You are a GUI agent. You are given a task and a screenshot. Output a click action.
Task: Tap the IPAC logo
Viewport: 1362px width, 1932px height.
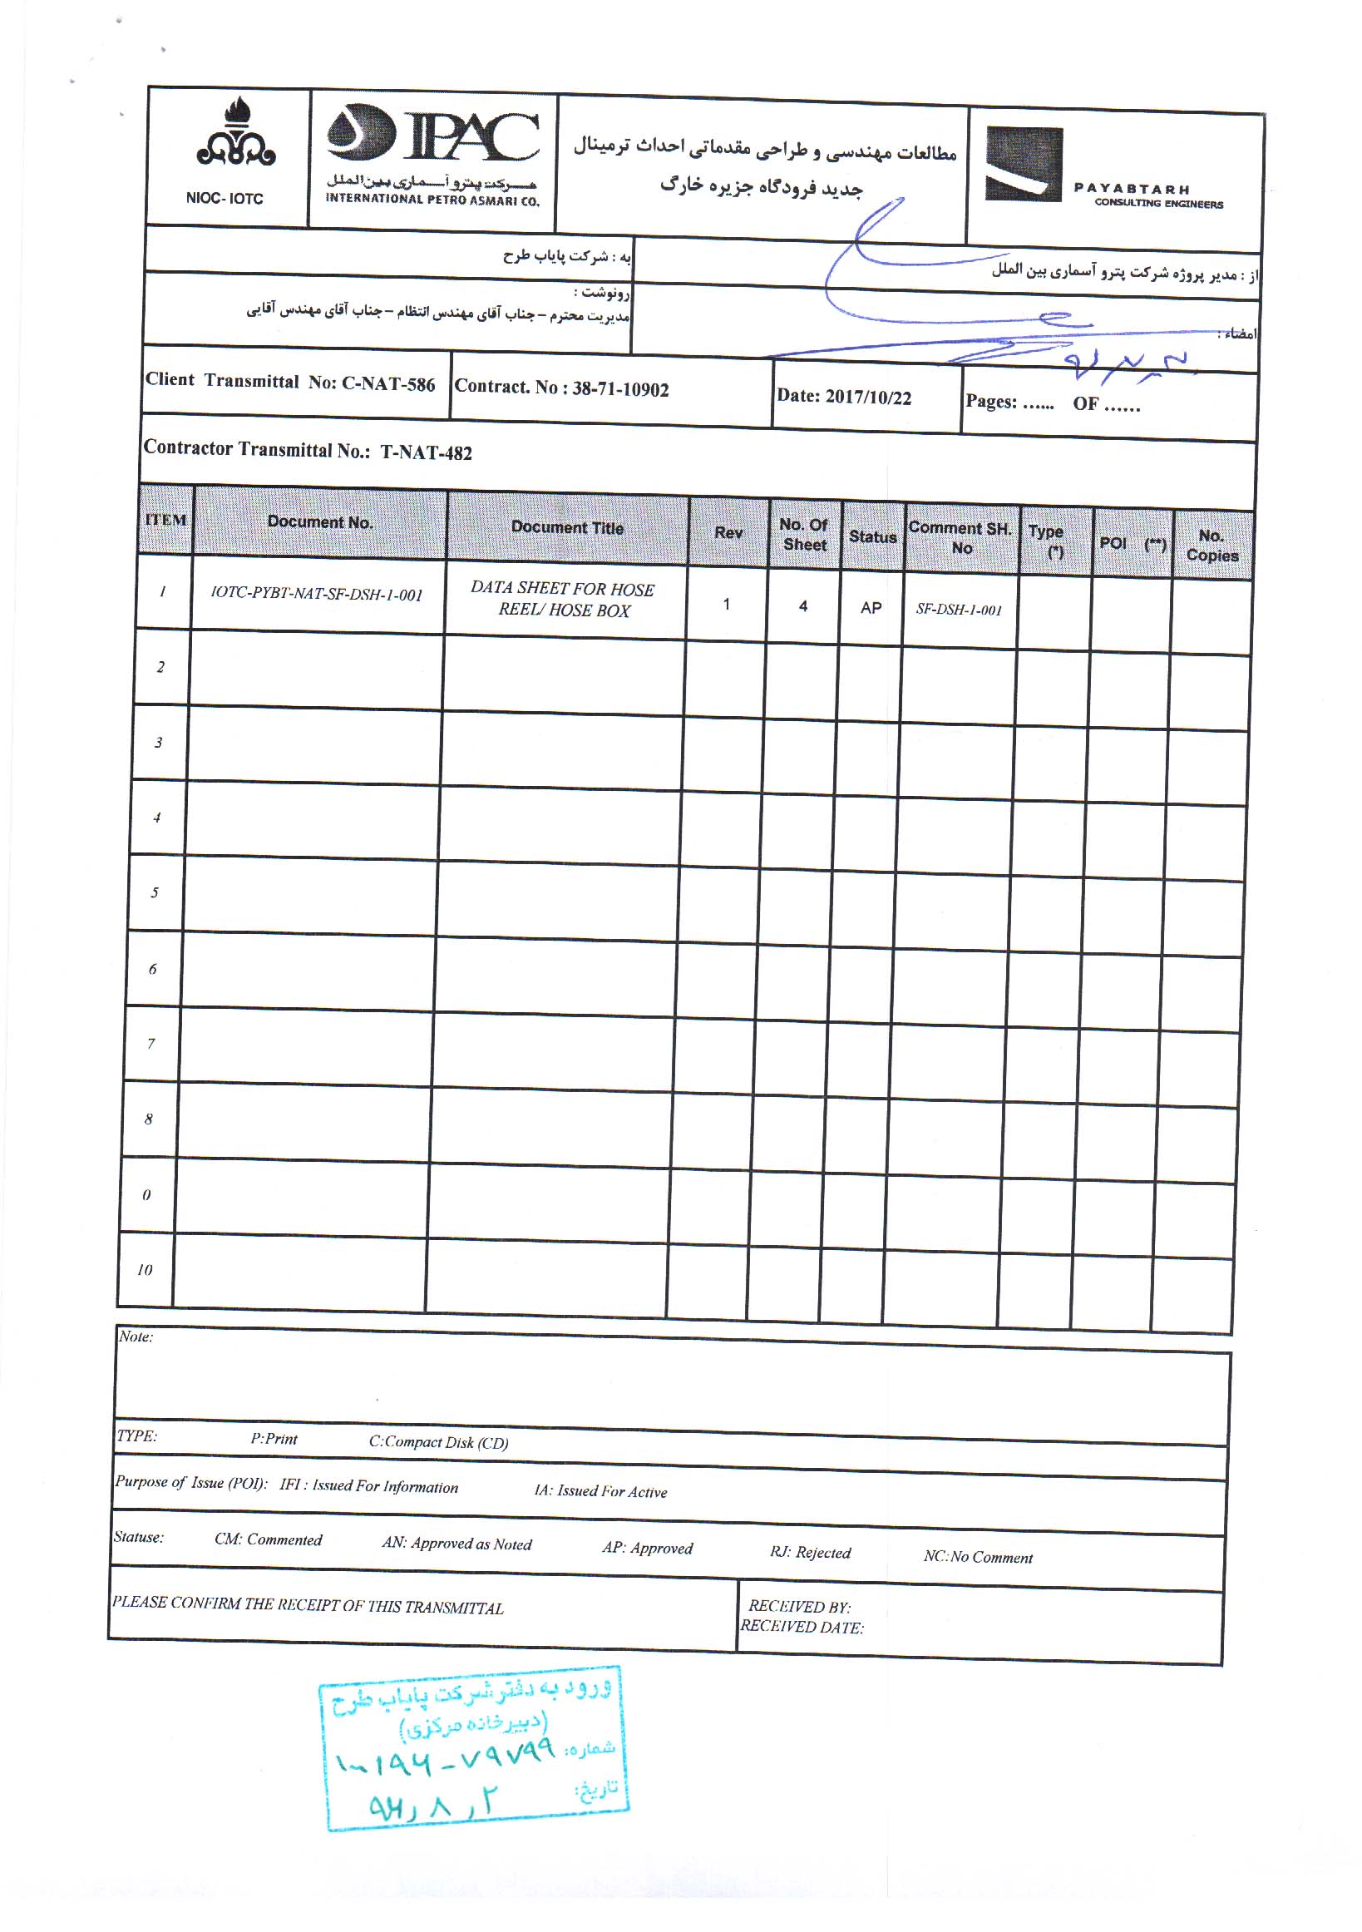(x=432, y=135)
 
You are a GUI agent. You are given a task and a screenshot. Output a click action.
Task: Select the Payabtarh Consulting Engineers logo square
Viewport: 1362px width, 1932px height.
(x=1023, y=164)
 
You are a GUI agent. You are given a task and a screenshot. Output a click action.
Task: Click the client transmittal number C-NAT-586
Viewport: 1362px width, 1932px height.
(x=387, y=383)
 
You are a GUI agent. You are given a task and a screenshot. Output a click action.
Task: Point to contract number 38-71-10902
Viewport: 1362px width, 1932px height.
(x=620, y=389)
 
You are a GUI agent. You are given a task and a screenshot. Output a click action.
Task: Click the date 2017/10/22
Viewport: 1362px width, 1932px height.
(x=867, y=398)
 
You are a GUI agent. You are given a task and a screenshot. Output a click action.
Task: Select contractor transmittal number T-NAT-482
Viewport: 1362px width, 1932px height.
(x=426, y=452)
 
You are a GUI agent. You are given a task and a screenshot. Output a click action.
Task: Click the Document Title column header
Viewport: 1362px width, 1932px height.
(x=567, y=527)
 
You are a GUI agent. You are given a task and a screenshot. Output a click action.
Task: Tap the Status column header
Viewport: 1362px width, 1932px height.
(x=871, y=537)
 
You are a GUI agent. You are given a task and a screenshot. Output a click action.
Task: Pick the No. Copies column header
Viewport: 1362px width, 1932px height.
(x=1211, y=546)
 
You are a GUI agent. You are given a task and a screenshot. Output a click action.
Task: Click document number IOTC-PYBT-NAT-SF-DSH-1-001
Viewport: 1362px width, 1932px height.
(x=316, y=594)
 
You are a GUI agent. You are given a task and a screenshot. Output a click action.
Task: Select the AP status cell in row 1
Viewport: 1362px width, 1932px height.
(x=871, y=607)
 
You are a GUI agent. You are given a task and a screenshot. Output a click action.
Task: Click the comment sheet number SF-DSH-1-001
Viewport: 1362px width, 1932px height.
(x=958, y=610)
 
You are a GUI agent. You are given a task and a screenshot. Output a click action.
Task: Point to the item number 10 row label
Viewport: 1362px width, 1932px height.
(x=145, y=1270)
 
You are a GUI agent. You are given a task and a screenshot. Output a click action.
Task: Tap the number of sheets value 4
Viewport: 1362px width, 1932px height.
(x=803, y=605)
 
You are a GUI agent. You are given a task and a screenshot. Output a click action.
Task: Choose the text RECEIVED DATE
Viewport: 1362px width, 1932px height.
(x=801, y=1628)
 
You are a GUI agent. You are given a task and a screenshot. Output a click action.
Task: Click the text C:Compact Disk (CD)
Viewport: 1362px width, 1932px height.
(x=438, y=1442)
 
